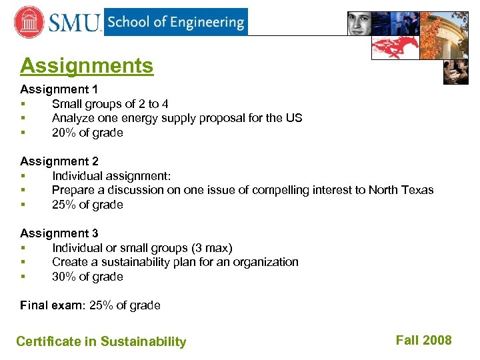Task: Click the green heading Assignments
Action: coord(87,66)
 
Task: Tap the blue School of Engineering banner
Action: coord(175,22)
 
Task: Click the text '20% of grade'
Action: coord(87,133)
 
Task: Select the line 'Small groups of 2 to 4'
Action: coord(110,103)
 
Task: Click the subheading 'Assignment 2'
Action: coord(59,161)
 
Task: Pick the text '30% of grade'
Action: coord(87,277)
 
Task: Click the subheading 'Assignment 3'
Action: coord(59,233)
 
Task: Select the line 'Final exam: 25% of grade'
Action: coord(90,305)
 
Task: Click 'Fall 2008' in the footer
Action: coord(423,340)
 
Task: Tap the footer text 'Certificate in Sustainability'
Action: coord(101,341)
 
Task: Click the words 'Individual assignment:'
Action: coord(111,176)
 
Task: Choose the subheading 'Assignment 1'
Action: coord(59,89)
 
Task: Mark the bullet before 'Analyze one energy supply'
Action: coord(23,119)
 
